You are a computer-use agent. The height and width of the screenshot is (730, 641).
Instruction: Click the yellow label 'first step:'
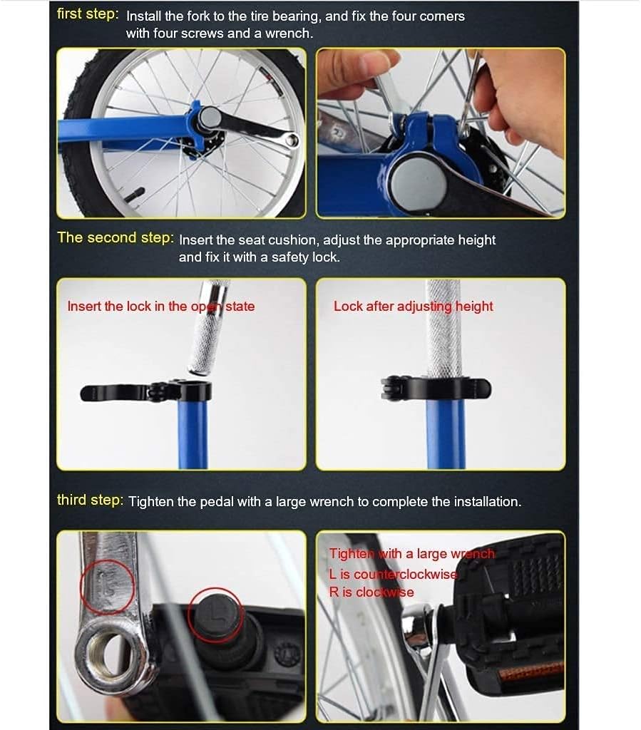pyautogui.click(x=88, y=14)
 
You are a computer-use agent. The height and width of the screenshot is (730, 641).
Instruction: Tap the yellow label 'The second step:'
pyautogui.click(x=116, y=238)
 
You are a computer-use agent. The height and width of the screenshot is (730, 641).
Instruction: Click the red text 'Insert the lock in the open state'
pyautogui.click(x=161, y=307)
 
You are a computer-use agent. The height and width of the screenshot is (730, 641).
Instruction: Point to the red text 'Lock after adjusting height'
pyautogui.click(x=414, y=307)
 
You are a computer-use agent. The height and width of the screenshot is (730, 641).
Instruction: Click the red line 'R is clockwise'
pyautogui.click(x=371, y=592)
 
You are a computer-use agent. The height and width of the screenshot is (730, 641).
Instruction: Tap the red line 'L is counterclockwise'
pyautogui.click(x=394, y=574)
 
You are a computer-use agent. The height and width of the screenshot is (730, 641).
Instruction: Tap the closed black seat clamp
pyautogui.click(x=436, y=388)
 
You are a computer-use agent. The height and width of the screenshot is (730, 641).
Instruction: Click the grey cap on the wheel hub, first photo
pyautogui.click(x=210, y=118)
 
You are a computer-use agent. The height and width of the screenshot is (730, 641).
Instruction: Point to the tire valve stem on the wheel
pyautogui.click(x=135, y=194)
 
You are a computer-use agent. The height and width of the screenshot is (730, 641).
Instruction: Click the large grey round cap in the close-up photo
pyautogui.click(x=419, y=182)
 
